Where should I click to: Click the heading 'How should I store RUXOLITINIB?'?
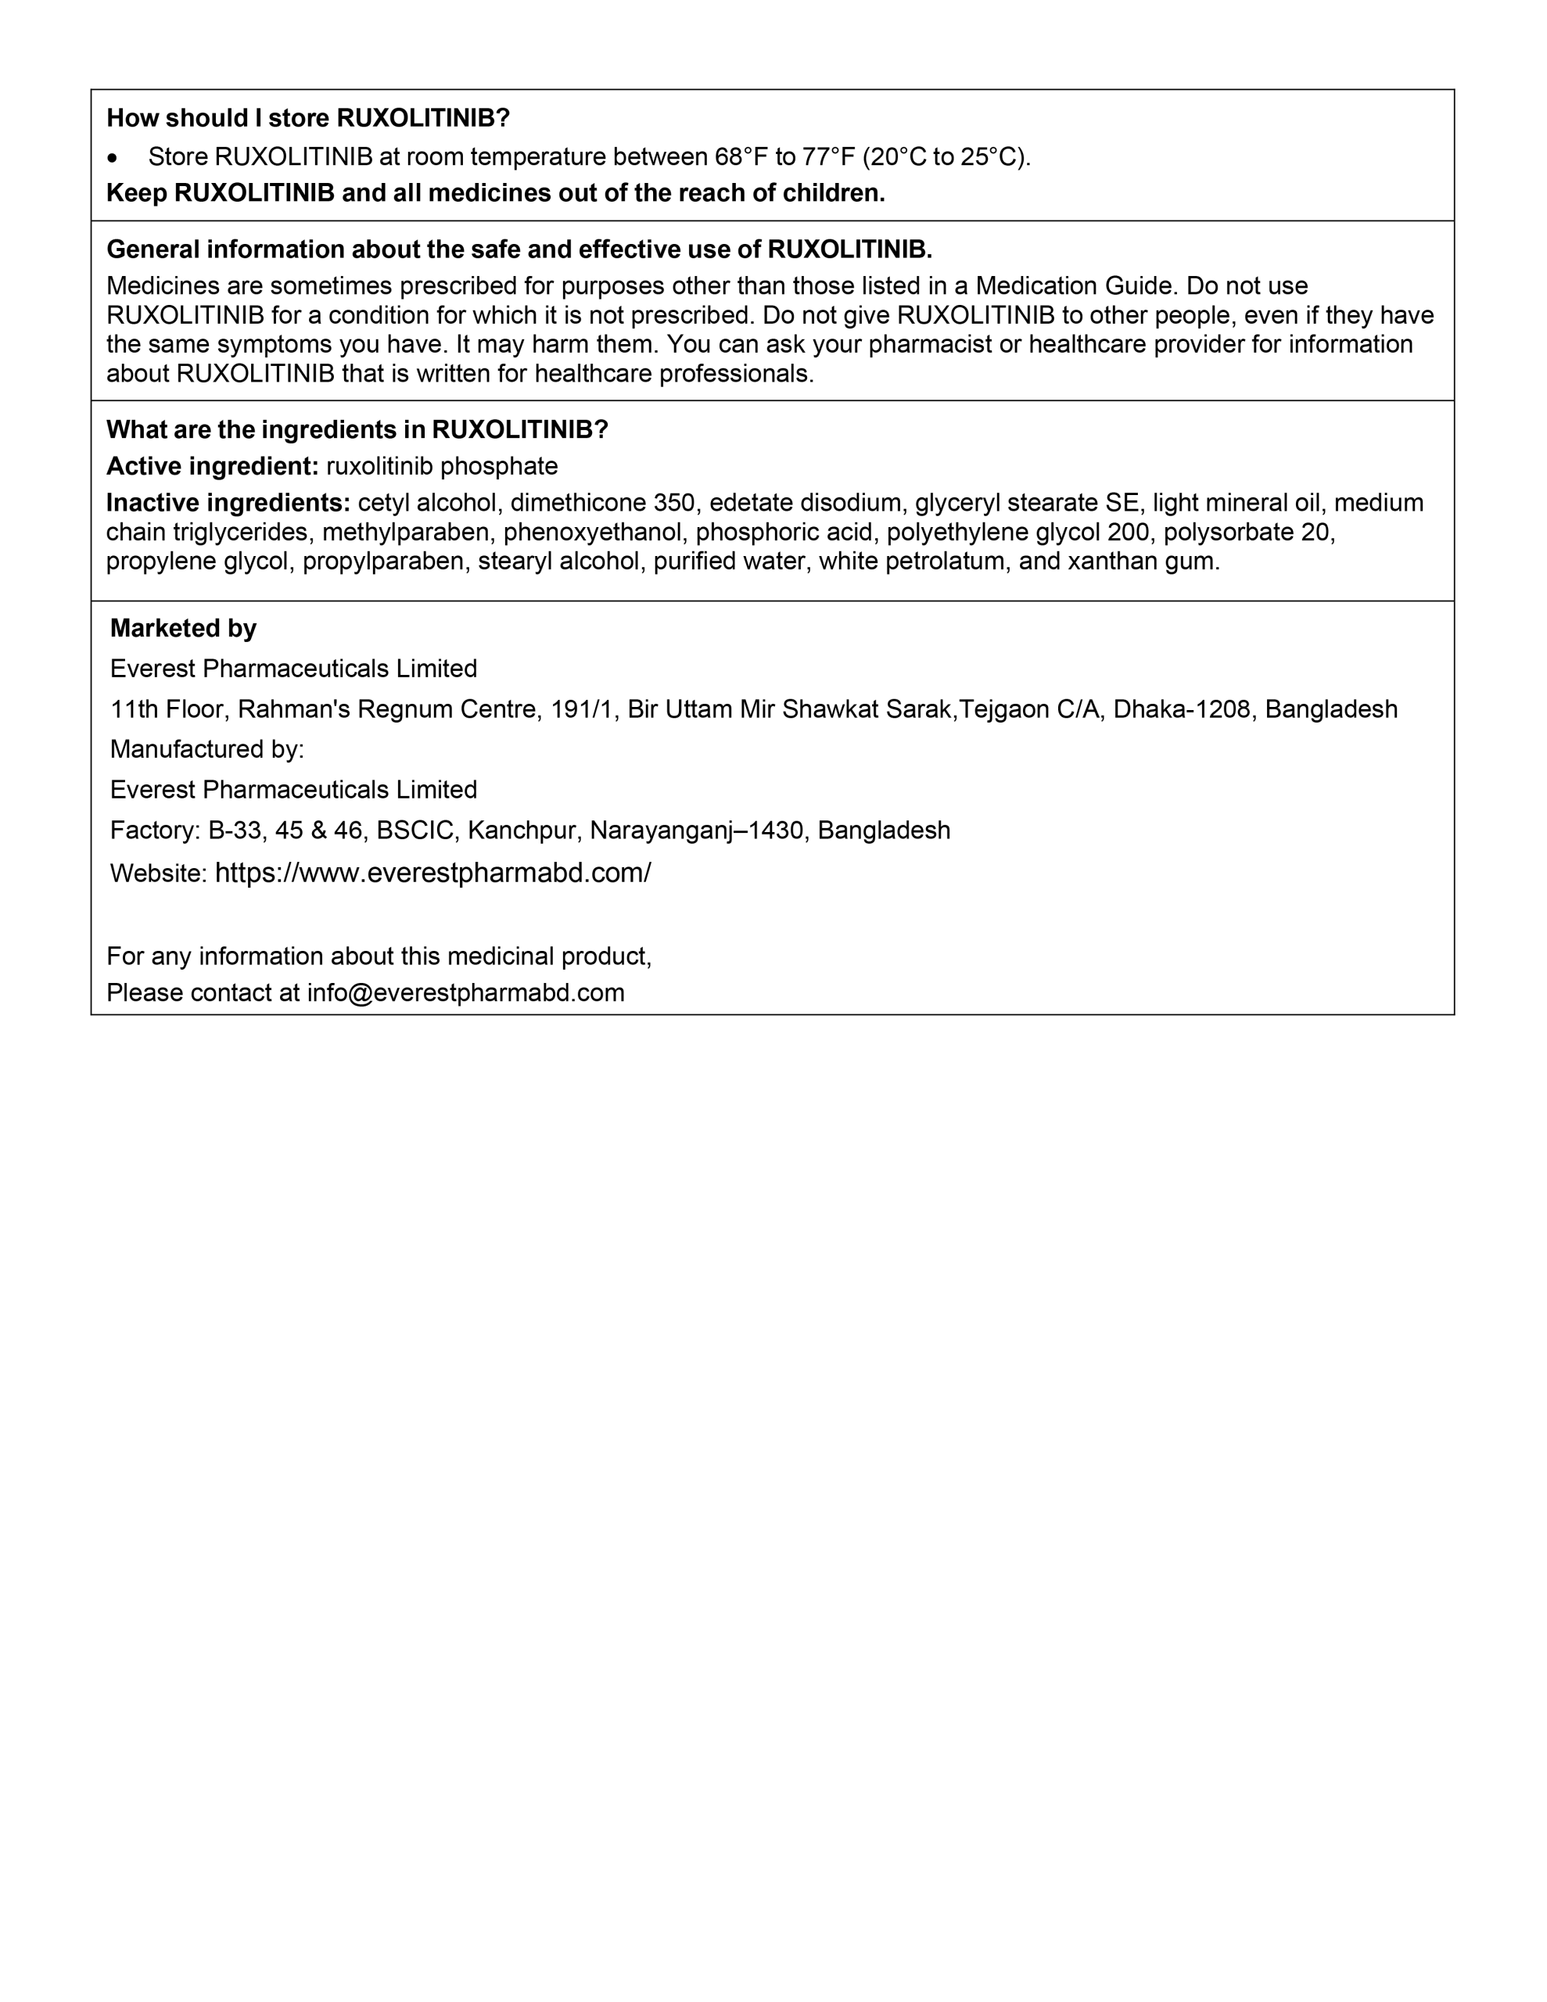(307, 118)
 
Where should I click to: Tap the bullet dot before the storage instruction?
(112, 159)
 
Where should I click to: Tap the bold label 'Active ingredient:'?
(213, 467)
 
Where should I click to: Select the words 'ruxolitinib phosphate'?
(442, 467)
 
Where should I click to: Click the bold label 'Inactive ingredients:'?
(228, 504)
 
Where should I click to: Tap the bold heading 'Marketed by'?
(183, 629)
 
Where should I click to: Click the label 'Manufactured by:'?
(207, 750)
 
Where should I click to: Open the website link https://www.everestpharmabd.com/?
(433, 873)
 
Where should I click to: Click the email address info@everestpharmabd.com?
(466, 994)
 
